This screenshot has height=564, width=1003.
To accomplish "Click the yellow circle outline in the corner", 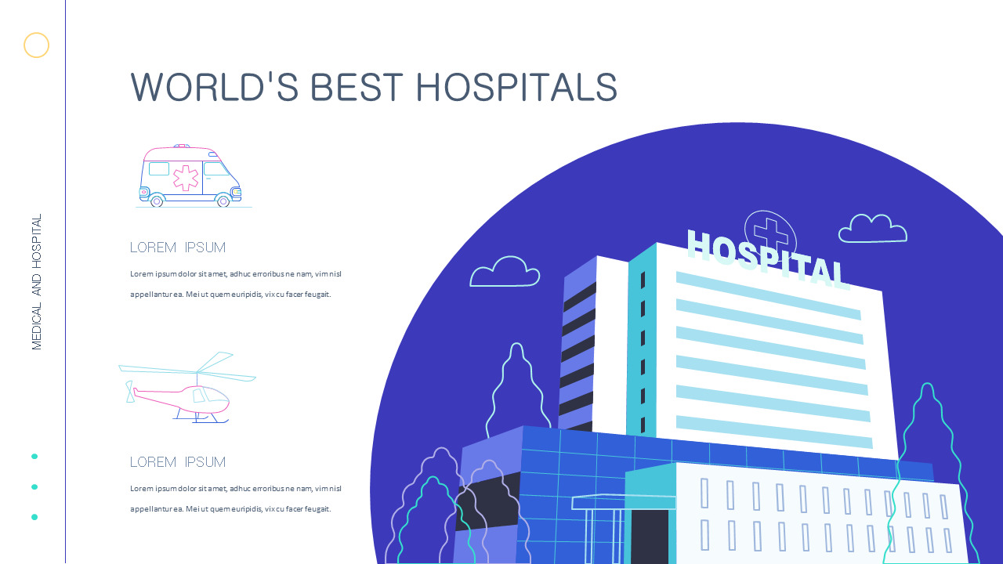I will [36, 45].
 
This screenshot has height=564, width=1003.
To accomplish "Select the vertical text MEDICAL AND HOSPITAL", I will [37, 282].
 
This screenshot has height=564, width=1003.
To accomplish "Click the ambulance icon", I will [190, 176].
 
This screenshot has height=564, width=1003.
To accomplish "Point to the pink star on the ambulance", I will [186, 178].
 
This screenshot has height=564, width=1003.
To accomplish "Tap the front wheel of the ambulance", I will [223, 201].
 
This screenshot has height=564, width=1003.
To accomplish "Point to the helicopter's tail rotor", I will [130, 391].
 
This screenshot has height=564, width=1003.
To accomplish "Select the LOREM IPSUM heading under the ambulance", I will [178, 248].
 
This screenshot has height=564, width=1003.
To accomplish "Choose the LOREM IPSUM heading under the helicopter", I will [178, 462].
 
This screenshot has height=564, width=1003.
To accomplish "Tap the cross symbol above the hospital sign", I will [771, 233].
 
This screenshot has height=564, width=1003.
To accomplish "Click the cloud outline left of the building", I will [505, 272].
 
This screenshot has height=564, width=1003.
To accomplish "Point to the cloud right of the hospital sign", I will [873, 229].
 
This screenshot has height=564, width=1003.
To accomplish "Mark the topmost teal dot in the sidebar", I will [34, 456].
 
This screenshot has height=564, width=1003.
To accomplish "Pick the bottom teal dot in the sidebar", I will [34, 517].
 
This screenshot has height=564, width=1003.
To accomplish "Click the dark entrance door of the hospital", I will [650, 537].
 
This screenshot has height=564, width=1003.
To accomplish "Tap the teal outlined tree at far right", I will [929, 470].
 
